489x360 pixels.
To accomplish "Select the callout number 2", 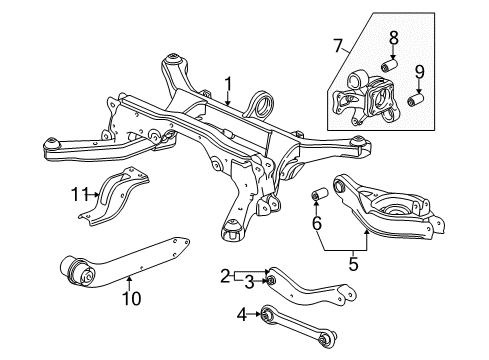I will (227, 273).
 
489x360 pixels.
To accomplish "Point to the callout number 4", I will (240, 316).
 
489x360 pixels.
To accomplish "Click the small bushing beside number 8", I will (393, 65).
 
